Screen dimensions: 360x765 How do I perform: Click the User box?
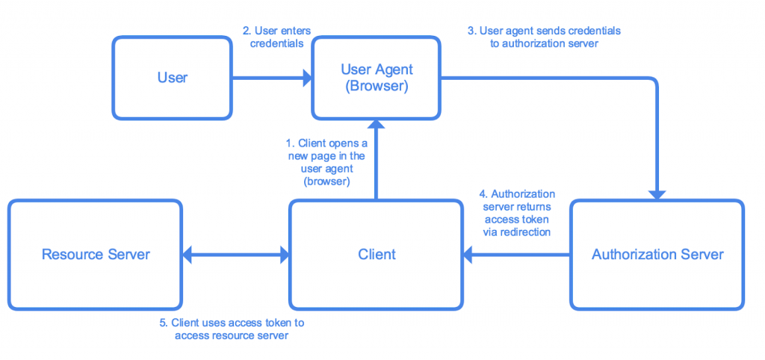173,78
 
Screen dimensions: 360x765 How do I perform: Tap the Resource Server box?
96,254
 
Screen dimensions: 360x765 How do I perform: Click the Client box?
377,254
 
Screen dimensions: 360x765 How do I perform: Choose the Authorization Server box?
657,254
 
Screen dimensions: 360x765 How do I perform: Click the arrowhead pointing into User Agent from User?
306,78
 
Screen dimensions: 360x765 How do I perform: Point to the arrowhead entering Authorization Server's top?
657,194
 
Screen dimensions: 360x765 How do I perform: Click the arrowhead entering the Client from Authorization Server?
468,255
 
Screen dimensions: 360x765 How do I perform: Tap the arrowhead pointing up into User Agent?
377,125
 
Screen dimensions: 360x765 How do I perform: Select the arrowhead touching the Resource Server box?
188,255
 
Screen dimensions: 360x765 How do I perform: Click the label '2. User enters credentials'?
276,37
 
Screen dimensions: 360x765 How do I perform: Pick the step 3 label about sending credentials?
544,37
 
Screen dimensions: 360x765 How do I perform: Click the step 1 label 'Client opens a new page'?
326,161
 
